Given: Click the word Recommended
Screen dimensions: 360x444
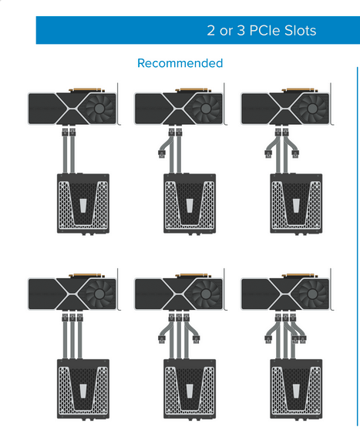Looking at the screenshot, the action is point(180,63).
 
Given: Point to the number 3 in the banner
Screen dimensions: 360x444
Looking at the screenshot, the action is point(241,31).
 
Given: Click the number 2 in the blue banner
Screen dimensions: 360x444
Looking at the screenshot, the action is point(211,31).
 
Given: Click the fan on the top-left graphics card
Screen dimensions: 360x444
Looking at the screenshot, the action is point(99,108).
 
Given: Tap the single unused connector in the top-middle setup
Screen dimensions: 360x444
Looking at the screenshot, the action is point(162,154).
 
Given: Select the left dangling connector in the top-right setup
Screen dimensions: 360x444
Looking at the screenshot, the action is point(268,154).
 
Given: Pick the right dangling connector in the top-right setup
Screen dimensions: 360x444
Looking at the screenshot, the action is point(295,154).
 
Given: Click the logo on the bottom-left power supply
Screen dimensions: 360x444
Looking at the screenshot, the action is point(83,391).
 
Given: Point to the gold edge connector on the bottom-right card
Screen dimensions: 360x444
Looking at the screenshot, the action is point(299,275).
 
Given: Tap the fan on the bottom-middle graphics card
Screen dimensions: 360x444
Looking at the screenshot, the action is point(206,294).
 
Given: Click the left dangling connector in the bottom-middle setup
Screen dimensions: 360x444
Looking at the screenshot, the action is point(162,339).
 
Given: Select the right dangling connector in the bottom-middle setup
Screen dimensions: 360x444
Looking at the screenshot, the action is point(196,339).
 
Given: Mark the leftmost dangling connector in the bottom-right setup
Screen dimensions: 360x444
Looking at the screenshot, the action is point(268,339).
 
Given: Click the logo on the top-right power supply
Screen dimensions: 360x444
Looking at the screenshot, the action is point(296,206).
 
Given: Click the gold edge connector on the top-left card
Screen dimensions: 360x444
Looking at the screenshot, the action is point(86,89).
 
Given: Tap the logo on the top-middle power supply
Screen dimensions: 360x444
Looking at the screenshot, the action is point(190,206).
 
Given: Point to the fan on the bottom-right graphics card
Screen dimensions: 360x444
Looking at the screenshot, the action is point(312,294).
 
